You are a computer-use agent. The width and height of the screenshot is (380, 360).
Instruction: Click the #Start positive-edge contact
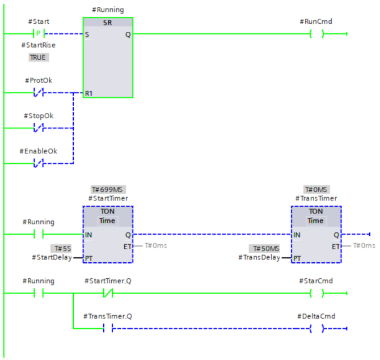coord(39,34)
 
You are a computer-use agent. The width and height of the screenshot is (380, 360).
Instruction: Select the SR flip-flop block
coord(108,57)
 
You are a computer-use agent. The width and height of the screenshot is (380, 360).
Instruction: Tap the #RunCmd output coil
coord(316,34)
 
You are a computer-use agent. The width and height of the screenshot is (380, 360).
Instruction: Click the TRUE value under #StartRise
coord(39,57)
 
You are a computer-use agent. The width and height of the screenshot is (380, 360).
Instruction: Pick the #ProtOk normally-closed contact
coord(39,93)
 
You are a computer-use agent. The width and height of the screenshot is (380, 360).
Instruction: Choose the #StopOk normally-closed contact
coord(39,128)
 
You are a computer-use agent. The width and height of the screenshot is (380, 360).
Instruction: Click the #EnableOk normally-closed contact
coord(39,164)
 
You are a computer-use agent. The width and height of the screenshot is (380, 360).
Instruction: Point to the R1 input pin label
coord(90,93)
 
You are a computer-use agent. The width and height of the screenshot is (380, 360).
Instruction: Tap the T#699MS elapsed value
coord(108,189)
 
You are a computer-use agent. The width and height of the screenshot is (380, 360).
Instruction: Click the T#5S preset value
coord(60,249)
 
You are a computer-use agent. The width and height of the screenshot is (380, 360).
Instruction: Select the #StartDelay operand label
coord(52,258)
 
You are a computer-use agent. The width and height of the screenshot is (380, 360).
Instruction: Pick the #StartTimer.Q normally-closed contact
coord(108,294)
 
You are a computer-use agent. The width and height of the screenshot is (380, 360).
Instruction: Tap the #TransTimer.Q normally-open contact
coord(108,329)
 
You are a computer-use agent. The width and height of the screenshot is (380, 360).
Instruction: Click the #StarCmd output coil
coord(316,294)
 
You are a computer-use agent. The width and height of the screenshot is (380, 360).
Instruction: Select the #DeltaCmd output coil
coord(316,329)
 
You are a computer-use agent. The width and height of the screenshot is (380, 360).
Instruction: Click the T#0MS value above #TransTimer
coord(316,189)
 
